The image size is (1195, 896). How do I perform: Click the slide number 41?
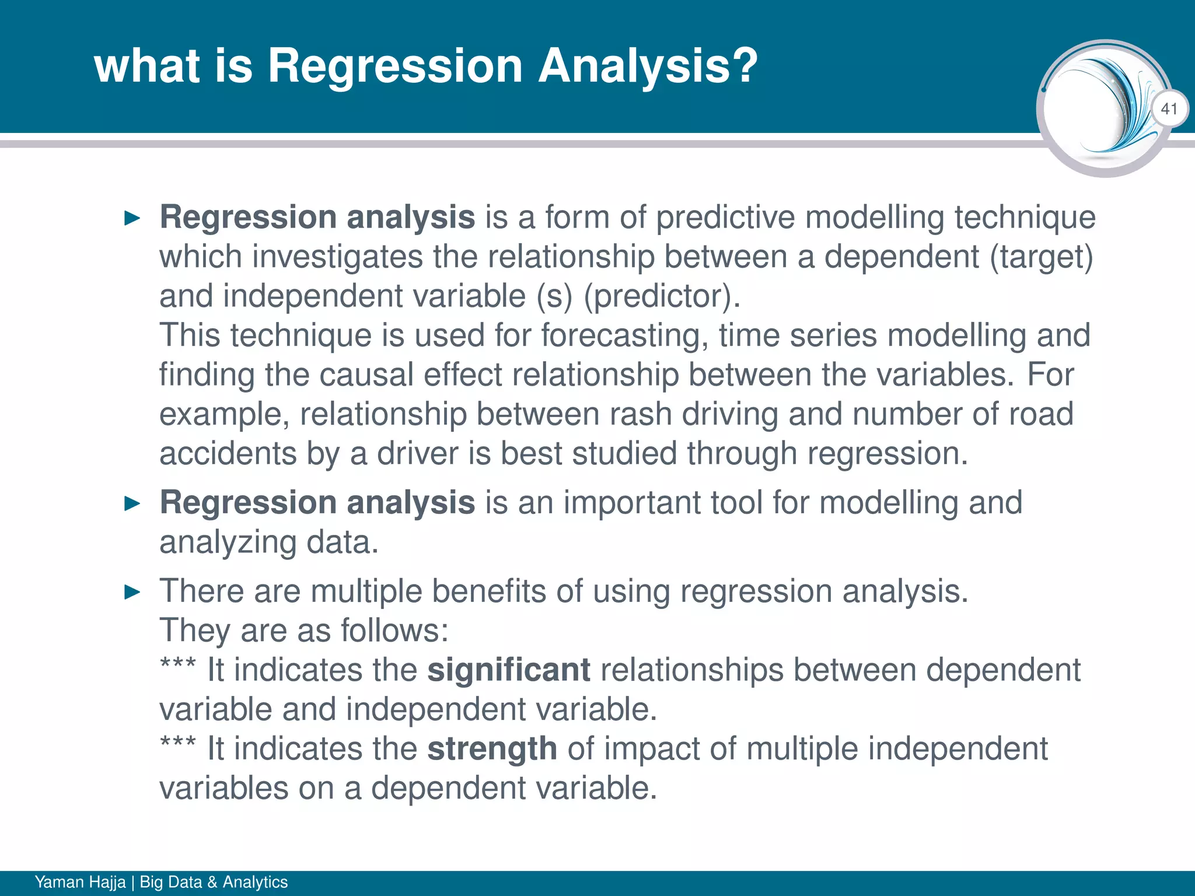(1169, 108)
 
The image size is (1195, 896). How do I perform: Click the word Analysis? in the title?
(647, 66)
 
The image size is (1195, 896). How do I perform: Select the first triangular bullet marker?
(133, 219)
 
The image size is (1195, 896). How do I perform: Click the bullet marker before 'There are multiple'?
(133, 593)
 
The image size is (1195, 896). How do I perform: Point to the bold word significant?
(509, 670)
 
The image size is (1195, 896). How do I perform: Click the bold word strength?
(492, 749)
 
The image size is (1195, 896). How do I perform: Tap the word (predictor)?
(662, 296)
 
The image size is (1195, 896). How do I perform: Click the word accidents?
(228, 454)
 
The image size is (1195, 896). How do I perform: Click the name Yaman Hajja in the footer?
(80, 881)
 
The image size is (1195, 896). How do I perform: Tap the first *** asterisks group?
(178, 665)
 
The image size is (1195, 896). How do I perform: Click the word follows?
(394, 631)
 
